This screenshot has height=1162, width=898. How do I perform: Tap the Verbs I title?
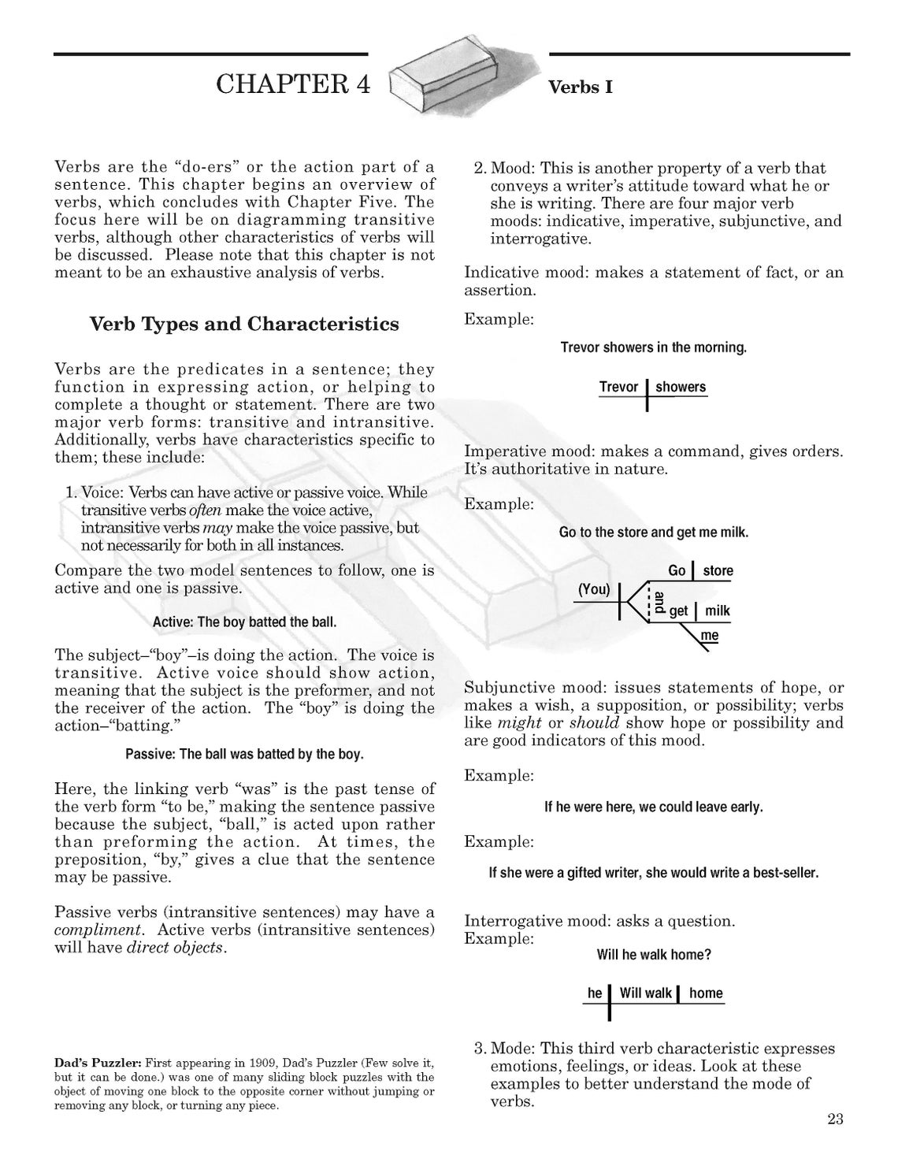coord(580,87)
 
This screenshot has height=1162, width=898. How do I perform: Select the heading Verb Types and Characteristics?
coord(243,325)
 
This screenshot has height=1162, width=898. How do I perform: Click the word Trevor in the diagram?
coord(618,387)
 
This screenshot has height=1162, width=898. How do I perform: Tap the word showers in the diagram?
coord(681,387)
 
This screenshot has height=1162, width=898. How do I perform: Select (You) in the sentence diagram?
coord(594,589)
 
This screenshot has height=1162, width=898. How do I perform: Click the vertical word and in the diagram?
coord(659,603)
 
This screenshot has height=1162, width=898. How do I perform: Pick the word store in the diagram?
coord(718,570)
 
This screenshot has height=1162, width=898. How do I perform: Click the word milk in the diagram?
coord(717,611)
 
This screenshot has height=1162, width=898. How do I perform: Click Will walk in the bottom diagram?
coord(645,993)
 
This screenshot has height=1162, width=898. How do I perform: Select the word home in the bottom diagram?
coord(706,993)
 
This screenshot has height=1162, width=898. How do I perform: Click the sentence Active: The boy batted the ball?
coord(244,622)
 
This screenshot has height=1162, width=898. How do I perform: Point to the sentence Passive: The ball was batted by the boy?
coord(244,755)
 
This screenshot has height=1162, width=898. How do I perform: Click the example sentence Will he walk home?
coord(654,955)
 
